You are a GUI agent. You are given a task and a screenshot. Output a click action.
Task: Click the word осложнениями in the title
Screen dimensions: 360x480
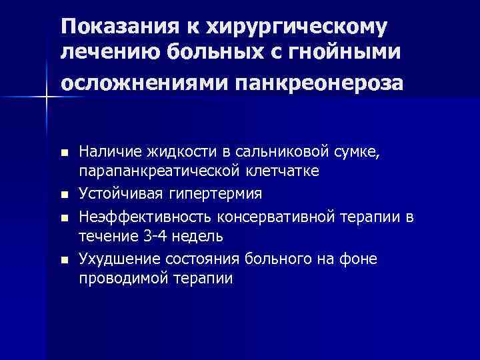pos(144,84)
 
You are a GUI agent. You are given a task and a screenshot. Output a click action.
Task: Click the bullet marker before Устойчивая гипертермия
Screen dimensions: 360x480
pos(64,195)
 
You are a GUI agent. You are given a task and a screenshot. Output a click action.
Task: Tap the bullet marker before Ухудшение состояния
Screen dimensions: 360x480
pos(64,259)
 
